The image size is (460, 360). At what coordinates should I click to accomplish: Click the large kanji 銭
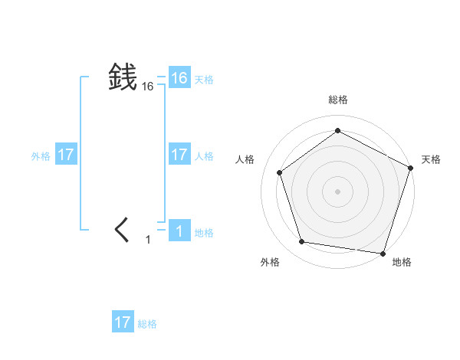tap(123, 77)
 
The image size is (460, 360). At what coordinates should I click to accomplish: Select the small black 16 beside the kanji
tap(148, 87)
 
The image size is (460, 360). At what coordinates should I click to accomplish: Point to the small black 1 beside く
tap(148, 241)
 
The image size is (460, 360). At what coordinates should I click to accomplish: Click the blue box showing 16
tap(179, 78)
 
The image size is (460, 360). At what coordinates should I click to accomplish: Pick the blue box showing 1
tap(179, 231)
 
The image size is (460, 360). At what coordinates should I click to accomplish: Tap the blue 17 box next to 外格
tap(66, 155)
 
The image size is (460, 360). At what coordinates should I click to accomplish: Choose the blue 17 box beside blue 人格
tap(179, 155)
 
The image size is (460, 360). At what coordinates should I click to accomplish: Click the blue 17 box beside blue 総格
tap(123, 322)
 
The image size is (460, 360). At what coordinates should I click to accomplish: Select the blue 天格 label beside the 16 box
tap(204, 80)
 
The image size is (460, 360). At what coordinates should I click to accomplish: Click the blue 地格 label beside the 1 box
tap(204, 233)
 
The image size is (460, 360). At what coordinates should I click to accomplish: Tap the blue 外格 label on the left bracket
tap(41, 156)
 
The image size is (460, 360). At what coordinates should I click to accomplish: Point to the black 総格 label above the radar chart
tap(337, 100)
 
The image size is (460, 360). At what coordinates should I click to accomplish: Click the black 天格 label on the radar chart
tap(431, 159)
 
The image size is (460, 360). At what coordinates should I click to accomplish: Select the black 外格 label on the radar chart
tap(269, 262)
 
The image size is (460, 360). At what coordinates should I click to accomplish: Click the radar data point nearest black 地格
tap(383, 253)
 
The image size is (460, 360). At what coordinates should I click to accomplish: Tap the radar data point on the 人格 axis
tap(279, 172)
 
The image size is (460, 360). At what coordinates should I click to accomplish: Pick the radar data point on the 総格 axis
tap(337, 130)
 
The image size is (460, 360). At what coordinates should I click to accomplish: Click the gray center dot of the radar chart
tap(337, 191)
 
